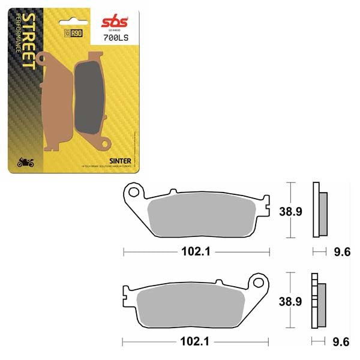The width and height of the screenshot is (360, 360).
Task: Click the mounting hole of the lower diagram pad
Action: click(x=259, y=281)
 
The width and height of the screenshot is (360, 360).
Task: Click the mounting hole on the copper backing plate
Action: click(x=43, y=58)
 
